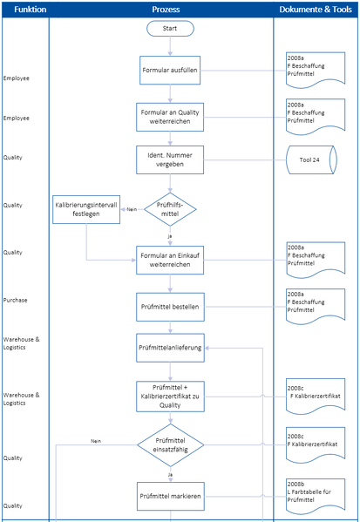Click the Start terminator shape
[170, 29]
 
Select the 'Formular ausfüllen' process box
[170, 70]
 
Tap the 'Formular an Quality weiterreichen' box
[170, 116]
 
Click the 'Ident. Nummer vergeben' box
[170, 159]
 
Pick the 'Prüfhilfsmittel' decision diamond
[170, 208]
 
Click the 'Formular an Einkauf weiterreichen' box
[170, 259]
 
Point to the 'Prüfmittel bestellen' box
[170, 306]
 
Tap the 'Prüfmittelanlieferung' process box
[170, 347]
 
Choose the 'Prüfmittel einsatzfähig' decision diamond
[170, 444]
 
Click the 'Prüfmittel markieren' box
[170, 496]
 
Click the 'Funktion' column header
[24, 9]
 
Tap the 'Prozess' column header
[165, 9]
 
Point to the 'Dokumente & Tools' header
[316, 9]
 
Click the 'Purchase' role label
[16, 300]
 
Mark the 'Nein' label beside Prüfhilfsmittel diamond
[132, 209]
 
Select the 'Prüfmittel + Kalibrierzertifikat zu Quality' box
[170, 396]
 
